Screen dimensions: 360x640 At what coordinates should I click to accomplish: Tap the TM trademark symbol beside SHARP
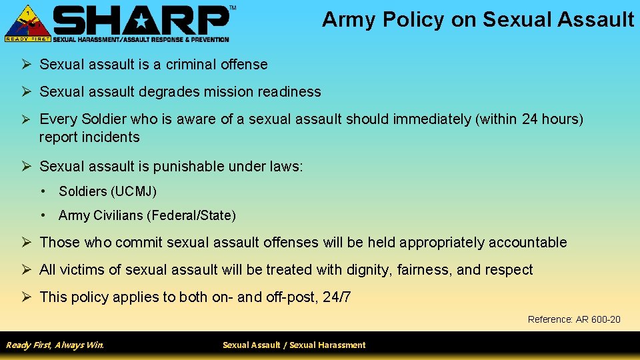point(233,7)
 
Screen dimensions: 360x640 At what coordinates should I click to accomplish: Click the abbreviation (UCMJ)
point(134,192)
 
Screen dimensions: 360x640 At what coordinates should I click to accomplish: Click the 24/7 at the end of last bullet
point(337,297)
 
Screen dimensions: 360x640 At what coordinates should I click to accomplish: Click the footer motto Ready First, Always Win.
point(55,345)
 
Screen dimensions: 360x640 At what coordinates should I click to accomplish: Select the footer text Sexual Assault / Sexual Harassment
point(294,345)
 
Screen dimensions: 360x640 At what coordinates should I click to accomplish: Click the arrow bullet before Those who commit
point(27,243)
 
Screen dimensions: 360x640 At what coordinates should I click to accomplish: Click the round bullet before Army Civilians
point(43,215)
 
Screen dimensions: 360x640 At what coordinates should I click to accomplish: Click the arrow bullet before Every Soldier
point(27,119)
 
